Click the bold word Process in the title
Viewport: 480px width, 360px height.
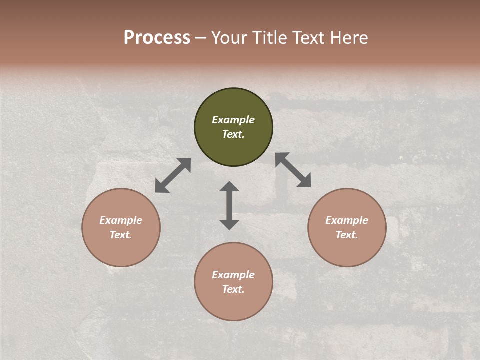(157, 38)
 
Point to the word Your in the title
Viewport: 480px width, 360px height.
(229, 38)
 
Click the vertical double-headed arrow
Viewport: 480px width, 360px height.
(229, 205)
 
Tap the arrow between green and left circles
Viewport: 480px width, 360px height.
(173, 175)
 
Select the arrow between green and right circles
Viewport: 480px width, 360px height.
(293, 170)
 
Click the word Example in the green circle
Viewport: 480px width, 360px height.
(233, 120)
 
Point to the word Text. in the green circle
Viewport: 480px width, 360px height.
(233, 134)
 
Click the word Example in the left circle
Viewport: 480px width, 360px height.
(121, 220)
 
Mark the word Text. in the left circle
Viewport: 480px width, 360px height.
(121, 235)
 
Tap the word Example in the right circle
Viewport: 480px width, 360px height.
(347, 220)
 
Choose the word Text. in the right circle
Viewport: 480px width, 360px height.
(347, 235)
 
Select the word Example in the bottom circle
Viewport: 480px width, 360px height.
(233, 275)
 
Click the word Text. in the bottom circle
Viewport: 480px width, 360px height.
(233, 289)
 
